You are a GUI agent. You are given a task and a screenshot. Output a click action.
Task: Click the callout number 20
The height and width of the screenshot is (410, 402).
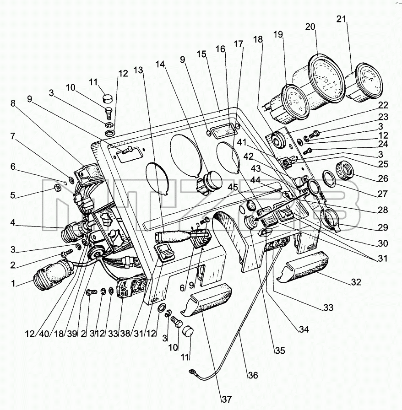310,27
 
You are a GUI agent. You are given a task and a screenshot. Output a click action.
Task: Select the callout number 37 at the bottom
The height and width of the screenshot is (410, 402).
227,399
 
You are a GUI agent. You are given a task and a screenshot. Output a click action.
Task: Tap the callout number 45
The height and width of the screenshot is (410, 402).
233,187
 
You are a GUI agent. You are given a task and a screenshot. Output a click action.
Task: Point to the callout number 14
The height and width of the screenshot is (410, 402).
160,64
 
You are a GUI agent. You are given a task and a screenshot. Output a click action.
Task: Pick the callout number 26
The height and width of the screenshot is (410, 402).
383,178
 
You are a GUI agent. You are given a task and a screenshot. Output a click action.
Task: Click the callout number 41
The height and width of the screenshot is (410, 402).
242,142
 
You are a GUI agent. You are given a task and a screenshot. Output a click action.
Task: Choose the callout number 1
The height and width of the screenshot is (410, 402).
13,283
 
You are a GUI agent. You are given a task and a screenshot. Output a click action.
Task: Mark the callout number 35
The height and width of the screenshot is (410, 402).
280,351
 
